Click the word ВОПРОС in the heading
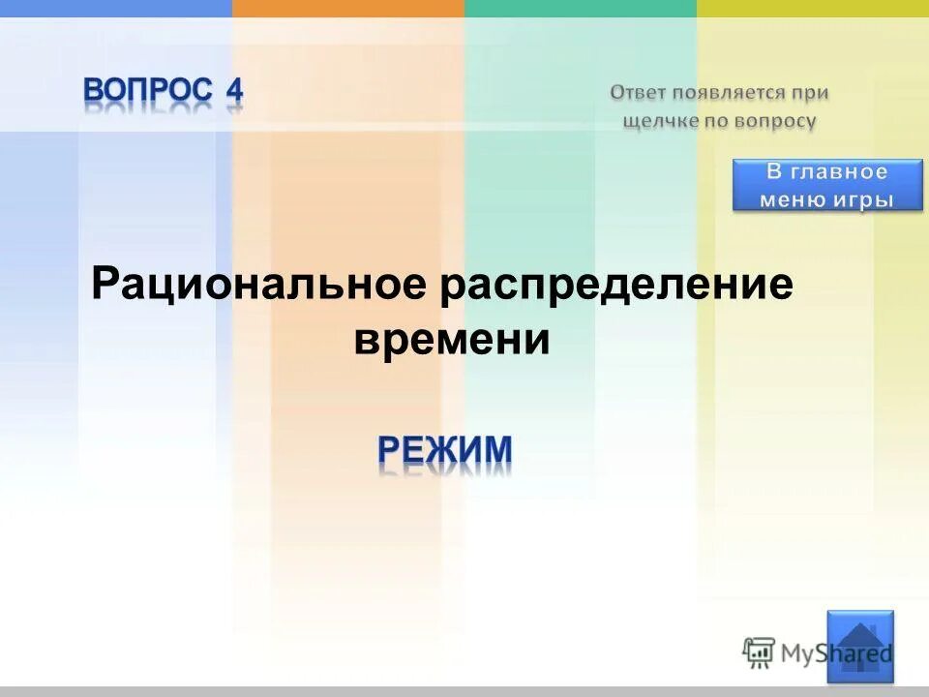pos(147,92)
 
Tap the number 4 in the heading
pos(234,92)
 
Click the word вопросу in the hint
pos(775,121)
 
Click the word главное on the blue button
pos(839,172)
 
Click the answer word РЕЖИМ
pos(444,450)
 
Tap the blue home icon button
pos(860,645)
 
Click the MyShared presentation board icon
pos(759,652)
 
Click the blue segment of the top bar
pos(116,8)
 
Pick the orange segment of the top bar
pos(348,8)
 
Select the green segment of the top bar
pos(581,8)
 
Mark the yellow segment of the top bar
pos(813,8)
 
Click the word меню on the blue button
pos(793,199)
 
